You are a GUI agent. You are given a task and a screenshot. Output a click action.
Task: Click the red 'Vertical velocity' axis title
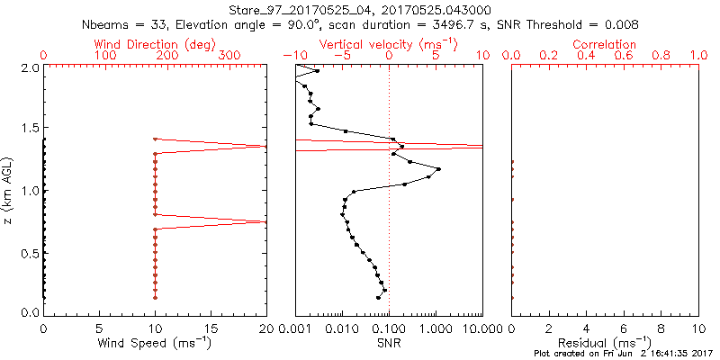pos(388,44)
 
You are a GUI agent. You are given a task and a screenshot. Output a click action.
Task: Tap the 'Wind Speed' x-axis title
pos(156,343)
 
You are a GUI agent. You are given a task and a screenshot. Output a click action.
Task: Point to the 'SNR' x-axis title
pos(389,343)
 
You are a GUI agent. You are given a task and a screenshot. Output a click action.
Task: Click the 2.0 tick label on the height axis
pos(29,67)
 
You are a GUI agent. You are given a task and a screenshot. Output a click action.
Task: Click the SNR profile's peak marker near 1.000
pos(438,169)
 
